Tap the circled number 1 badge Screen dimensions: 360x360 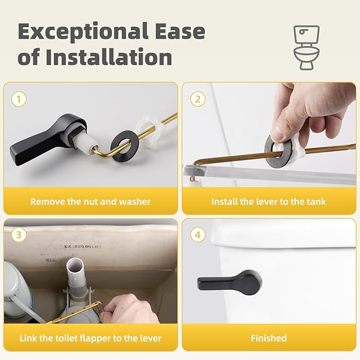tap(19, 99)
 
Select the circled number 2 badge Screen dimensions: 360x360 tap(198, 99)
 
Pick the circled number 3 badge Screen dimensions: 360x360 tap(19, 234)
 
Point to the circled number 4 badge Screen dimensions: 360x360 tap(198, 234)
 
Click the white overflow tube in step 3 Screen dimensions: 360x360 tap(74, 281)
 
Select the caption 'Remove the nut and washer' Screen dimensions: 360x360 tap(90, 201)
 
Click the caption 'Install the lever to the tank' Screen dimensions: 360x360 tap(269, 201)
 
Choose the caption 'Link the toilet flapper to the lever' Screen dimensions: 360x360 tap(90, 338)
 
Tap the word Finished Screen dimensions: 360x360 tap(269, 338)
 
